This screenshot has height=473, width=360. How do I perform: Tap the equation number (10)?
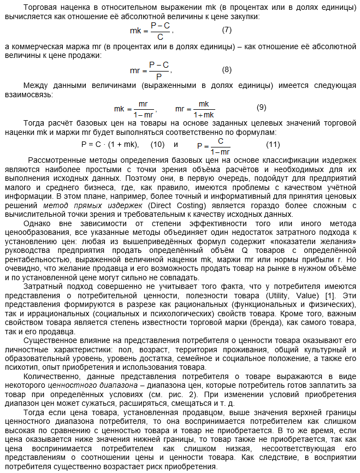click(x=157, y=145)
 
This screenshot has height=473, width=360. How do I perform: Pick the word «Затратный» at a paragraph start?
click(x=44, y=287)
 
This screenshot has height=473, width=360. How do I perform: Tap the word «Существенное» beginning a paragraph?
click(x=50, y=340)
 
